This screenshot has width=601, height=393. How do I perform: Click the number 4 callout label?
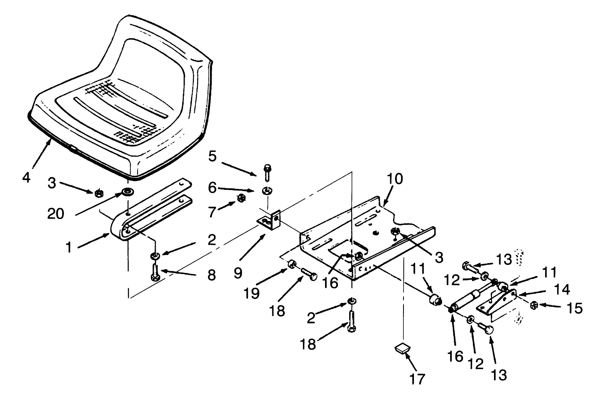pos(26,177)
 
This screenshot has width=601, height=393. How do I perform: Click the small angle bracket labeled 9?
pos(268,220)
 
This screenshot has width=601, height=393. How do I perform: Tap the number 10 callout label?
pos(395,179)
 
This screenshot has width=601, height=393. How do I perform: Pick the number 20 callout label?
pos(56,214)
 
